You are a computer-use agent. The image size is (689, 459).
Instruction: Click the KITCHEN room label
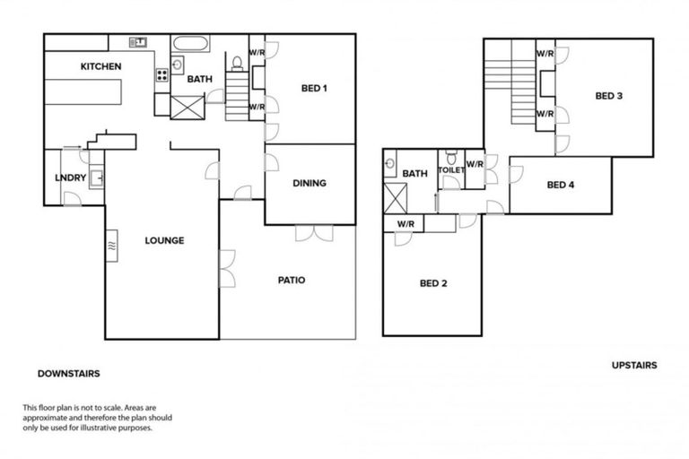coord(100,66)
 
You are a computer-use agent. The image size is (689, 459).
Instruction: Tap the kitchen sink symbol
coord(138,41)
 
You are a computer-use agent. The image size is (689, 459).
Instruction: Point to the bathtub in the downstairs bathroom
coord(189,43)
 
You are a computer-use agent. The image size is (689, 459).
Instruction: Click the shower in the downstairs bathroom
coord(187,107)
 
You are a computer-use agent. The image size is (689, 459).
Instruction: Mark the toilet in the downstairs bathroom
coord(237,63)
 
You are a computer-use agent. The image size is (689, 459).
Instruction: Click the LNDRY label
coord(70,178)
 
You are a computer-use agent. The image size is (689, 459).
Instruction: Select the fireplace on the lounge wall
coord(111,244)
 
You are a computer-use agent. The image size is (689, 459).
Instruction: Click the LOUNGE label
coord(164,240)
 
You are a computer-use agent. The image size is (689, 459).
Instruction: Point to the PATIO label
coord(291,280)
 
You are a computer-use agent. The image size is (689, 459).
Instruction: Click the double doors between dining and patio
coord(314,232)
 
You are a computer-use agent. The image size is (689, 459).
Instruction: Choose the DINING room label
coord(309,183)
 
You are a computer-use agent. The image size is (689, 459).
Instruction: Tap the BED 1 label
coord(313,88)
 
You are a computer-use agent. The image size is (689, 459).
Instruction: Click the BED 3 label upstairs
coord(608,96)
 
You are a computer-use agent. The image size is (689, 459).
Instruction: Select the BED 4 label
coord(560,185)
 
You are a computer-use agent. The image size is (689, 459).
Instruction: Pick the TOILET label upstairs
coord(450,170)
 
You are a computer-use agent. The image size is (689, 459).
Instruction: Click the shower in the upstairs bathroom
coord(395,196)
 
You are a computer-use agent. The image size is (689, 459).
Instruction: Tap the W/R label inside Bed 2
coord(405,223)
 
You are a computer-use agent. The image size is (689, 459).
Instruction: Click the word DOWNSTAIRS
coord(68,373)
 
